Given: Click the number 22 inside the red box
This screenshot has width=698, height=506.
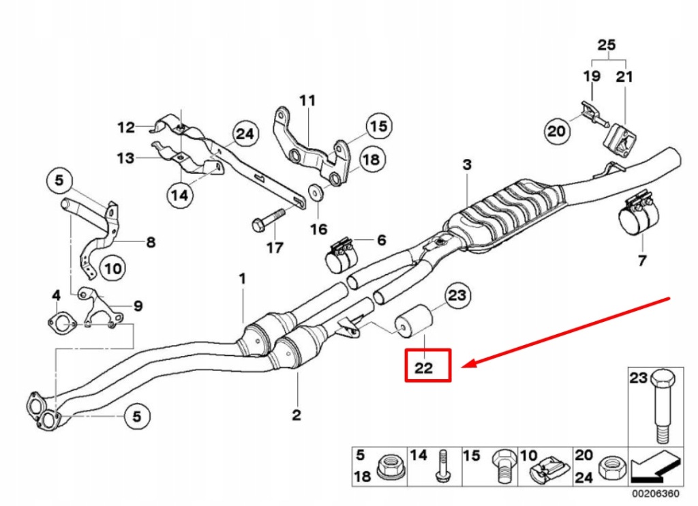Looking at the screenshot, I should coord(423,368).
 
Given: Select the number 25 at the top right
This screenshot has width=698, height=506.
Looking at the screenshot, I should coord(606,46).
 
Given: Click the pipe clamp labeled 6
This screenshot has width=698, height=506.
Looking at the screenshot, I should coord(339,256).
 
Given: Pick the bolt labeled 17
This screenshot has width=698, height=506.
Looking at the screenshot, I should coord(267,220).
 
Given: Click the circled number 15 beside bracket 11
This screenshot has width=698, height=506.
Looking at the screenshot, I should coord(378,126).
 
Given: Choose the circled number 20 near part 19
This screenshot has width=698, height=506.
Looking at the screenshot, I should coord(557,130).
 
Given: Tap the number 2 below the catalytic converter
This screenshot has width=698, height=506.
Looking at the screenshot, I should coord(297,415).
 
